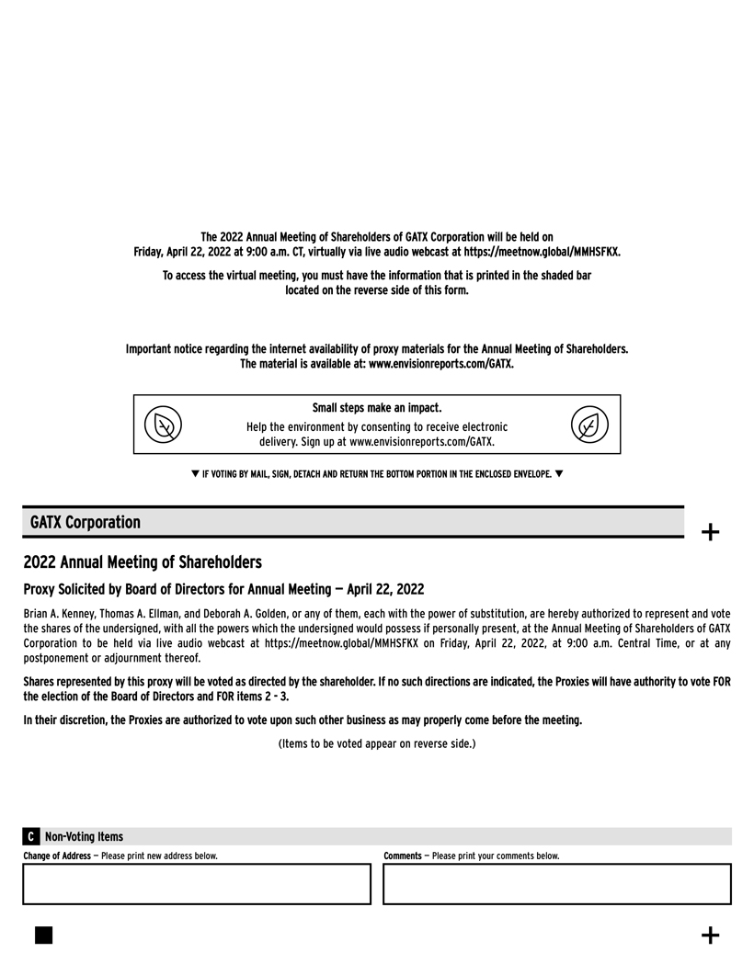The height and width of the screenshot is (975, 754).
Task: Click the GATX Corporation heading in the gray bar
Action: click(x=86, y=522)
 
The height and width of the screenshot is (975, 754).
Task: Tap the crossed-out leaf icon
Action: click(x=164, y=425)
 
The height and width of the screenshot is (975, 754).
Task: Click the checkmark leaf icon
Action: click(x=589, y=425)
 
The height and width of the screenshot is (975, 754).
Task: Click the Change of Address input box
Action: click(x=197, y=884)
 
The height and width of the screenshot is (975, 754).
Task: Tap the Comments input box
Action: click(x=556, y=884)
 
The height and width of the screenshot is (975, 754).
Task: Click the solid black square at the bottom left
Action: click(x=43, y=935)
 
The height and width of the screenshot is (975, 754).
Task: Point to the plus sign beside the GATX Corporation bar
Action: click(x=710, y=532)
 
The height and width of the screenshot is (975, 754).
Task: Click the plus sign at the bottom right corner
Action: click(x=710, y=935)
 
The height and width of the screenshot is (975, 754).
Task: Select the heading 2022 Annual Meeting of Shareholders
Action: click(x=143, y=561)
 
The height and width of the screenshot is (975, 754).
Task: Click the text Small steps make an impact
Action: click(x=377, y=407)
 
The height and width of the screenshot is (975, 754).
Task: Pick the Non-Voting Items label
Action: click(x=84, y=836)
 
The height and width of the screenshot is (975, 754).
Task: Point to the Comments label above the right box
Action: click(x=402, y=856)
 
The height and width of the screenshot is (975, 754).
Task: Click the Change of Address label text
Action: click(x=57, y=856)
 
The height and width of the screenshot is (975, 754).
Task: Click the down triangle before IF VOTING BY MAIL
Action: click(x=195, y=474)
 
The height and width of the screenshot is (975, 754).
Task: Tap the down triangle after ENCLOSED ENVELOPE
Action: click(x=559, y=474)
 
